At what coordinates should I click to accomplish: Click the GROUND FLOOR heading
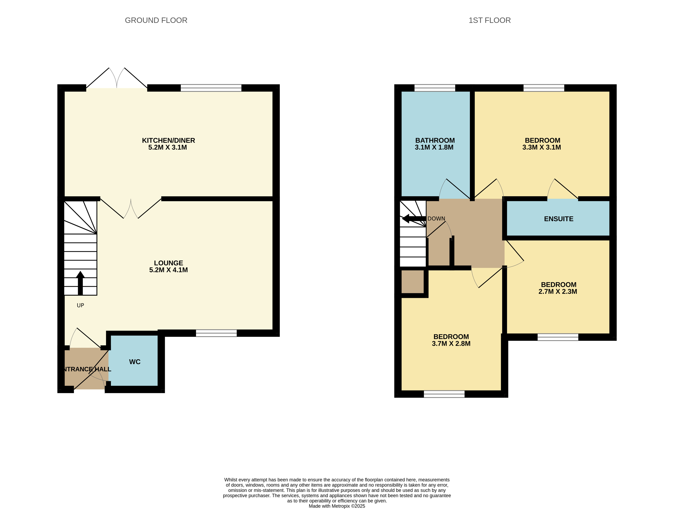tap(156, 20)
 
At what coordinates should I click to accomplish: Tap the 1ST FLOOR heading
tap(489, 20)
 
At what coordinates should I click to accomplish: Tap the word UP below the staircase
tap(80, 305)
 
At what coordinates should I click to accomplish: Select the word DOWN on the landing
tap(436, 218)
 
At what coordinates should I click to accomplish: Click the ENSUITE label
tap(558, 219)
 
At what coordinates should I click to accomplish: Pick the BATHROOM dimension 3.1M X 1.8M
tap(434, 147)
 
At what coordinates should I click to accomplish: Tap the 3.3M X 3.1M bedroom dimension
tap(541, 147)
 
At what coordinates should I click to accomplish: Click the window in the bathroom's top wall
tap(435, 88)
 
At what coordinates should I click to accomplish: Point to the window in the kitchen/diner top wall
tap(211, 88)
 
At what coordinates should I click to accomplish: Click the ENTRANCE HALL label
tap(87, 369)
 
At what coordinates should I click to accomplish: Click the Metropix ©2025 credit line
tap(337, 506)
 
